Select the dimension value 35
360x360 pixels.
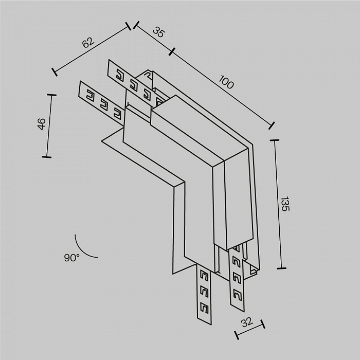158,32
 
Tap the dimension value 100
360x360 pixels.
226,82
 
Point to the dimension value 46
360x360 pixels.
42,123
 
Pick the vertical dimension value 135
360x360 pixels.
286,204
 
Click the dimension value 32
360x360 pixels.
247,323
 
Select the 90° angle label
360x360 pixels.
72,258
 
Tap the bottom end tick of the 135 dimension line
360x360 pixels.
281,268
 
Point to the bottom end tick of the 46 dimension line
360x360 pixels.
46,156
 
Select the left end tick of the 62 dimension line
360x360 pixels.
54,71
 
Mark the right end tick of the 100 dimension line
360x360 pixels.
272,125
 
